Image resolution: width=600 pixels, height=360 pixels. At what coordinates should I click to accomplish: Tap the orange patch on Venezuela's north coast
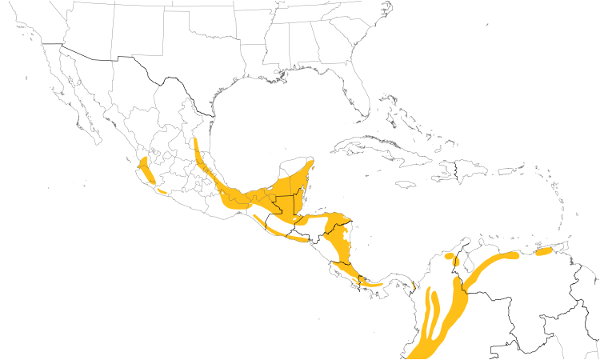pyautogui.click(x=544, y=252)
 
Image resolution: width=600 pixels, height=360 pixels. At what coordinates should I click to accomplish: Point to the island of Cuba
pyautogui.click(x=376, y=148)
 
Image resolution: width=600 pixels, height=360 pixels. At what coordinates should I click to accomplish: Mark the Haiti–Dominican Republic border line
pyautogui.click(x=456, y=170)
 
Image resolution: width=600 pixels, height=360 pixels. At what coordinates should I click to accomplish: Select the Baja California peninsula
pyautogui.click(x=76, y=104)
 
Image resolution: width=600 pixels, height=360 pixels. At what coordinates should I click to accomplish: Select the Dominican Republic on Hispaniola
pyautogui.click(x=472, y=170)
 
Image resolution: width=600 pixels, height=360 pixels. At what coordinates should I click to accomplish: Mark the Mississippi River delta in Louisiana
pyautogui.click(x=282, y=75)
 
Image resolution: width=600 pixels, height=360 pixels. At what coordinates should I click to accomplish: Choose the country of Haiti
pyautogui.click(x=449, y=170)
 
